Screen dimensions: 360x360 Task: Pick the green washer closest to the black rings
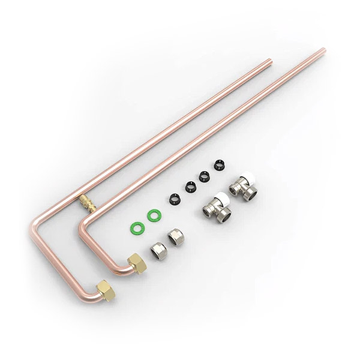click(155, 214)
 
